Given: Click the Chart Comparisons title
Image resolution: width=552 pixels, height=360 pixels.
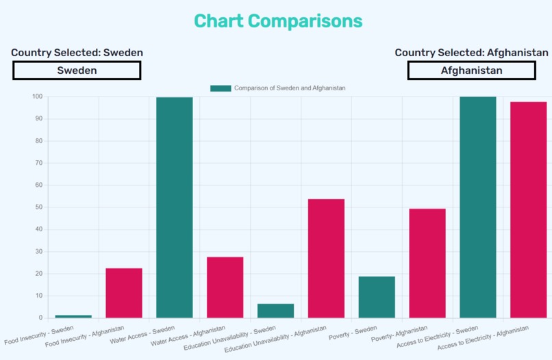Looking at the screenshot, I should tap(278, 21).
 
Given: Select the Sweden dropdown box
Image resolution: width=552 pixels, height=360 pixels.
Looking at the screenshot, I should tap(77, 70).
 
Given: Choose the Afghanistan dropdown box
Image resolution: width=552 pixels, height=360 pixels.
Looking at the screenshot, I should tap(471, 70).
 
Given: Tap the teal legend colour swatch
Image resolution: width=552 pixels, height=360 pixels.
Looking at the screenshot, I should tap(221, 88).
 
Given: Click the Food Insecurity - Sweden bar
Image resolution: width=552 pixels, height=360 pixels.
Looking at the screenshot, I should tap(73, 316).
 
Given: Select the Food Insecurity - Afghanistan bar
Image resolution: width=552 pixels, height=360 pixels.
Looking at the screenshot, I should tap(124, 293).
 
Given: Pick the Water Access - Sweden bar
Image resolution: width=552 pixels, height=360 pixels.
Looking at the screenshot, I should tap(175, 207).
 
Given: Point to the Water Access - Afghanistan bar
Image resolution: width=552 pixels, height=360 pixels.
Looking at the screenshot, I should tap(225, 287).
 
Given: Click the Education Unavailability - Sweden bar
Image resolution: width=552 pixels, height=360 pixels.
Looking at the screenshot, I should tap(275, 311).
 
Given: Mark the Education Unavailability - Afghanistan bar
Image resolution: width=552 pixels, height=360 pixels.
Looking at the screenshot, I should tap(326, 258).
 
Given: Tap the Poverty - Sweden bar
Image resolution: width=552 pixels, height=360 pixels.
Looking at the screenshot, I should tap(377, 297).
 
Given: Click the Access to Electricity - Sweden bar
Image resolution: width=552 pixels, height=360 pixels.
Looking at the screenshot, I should tap(478, 207).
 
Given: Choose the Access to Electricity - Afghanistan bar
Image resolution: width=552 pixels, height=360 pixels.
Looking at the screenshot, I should tap(528, 209).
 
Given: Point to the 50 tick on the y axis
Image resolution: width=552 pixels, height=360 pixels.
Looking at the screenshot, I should tap(37, 207).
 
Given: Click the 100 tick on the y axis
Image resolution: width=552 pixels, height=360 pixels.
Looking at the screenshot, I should tap(36, 97).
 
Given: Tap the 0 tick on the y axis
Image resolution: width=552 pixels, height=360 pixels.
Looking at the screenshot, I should tap(40, 318).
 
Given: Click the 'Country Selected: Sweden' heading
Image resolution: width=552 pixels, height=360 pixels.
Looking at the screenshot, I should tap(77, 53).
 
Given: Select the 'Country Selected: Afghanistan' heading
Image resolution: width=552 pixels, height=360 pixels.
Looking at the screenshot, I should tap(471, 53).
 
